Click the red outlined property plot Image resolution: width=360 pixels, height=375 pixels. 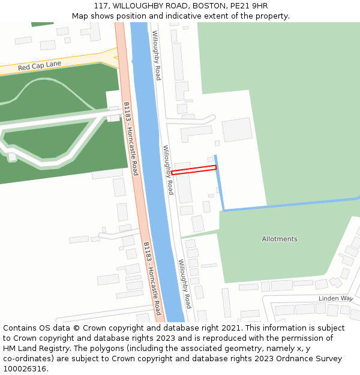coord(194,170)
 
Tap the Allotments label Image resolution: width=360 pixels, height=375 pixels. coord(279,239)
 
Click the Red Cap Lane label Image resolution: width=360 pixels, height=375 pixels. coord(40,65)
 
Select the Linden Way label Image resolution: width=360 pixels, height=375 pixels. coord(335,298)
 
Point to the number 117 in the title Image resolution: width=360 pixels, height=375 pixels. coord(100,5)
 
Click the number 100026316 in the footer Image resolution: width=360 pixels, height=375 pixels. coord(24,369)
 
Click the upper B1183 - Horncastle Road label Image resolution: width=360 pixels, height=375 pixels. coord(131,139)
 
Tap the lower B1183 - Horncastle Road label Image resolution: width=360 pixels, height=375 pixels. coord(152,278)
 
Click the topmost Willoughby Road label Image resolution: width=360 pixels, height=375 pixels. coord(156,55)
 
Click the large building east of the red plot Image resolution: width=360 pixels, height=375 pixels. coord(237,130)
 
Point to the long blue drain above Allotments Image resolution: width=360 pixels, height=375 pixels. coord(288,203)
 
